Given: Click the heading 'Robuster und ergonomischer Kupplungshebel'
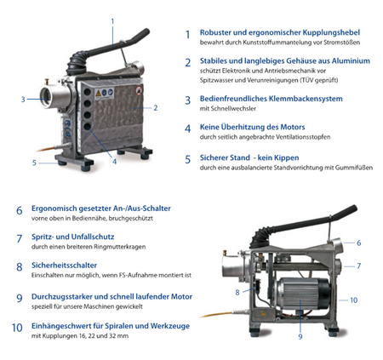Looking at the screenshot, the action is click(280, 32).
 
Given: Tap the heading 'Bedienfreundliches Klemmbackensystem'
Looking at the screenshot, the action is click(272, 99).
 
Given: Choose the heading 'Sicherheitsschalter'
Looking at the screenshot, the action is click(64, 266).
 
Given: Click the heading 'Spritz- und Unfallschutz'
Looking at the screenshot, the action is click(73, 237).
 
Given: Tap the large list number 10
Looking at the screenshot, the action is click(17, 328).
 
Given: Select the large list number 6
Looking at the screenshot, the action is click(19, 210).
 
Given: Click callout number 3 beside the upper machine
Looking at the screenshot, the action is click(23, 100).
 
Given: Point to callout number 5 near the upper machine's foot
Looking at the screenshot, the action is click(34, 163).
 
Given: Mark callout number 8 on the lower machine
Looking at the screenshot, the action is click(237, 293).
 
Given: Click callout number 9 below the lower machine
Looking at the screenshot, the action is click(300, 337).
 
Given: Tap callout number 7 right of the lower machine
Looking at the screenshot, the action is click(359, 266).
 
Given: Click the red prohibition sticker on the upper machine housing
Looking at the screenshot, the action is click(139, 91).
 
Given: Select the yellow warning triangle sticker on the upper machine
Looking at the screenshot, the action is click(98, 94).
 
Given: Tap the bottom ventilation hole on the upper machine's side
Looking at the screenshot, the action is click(88, 127).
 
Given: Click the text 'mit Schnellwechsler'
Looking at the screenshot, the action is click(228, 109).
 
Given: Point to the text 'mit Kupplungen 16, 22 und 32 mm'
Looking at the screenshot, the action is click(80, 336).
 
